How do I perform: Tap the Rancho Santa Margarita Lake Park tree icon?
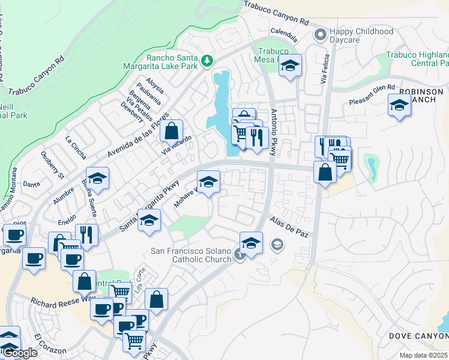[x=206, y=60]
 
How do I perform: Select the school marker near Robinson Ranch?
[x=399, y=107]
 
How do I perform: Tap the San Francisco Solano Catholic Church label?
[x=191, y=255]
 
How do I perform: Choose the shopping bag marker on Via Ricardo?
[x=172, y=130]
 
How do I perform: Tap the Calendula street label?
[x=285, y=30]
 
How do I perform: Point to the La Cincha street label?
[x=76, y=142]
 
